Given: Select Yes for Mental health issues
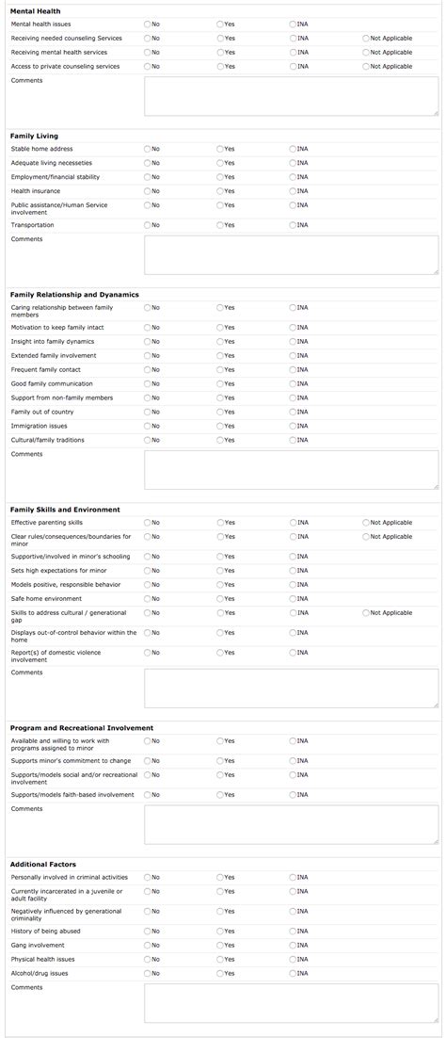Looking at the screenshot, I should point(220,24).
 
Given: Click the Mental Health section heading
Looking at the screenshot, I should point(35,10).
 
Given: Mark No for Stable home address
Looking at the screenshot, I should point(148,149).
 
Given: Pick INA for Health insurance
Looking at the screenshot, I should point(293,191).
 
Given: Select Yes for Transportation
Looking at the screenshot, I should point(220,225).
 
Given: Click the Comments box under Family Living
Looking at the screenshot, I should point(291,254).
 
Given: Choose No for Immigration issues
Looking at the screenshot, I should point(148,426).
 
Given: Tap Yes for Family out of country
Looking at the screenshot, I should point(220,412).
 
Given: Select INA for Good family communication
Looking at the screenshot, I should point(293,383).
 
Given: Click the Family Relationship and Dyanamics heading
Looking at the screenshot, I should point(73,295).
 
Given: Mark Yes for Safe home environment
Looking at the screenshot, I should point(220,598).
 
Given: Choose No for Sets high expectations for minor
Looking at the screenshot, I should point(148,570).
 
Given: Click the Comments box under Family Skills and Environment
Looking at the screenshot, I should point(291,688).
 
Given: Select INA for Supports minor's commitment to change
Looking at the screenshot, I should point(293,760).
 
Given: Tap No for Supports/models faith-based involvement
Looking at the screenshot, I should point(148,794).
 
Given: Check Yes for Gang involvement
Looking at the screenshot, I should point(220,945).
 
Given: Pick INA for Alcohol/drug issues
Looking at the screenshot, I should point(293,973).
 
